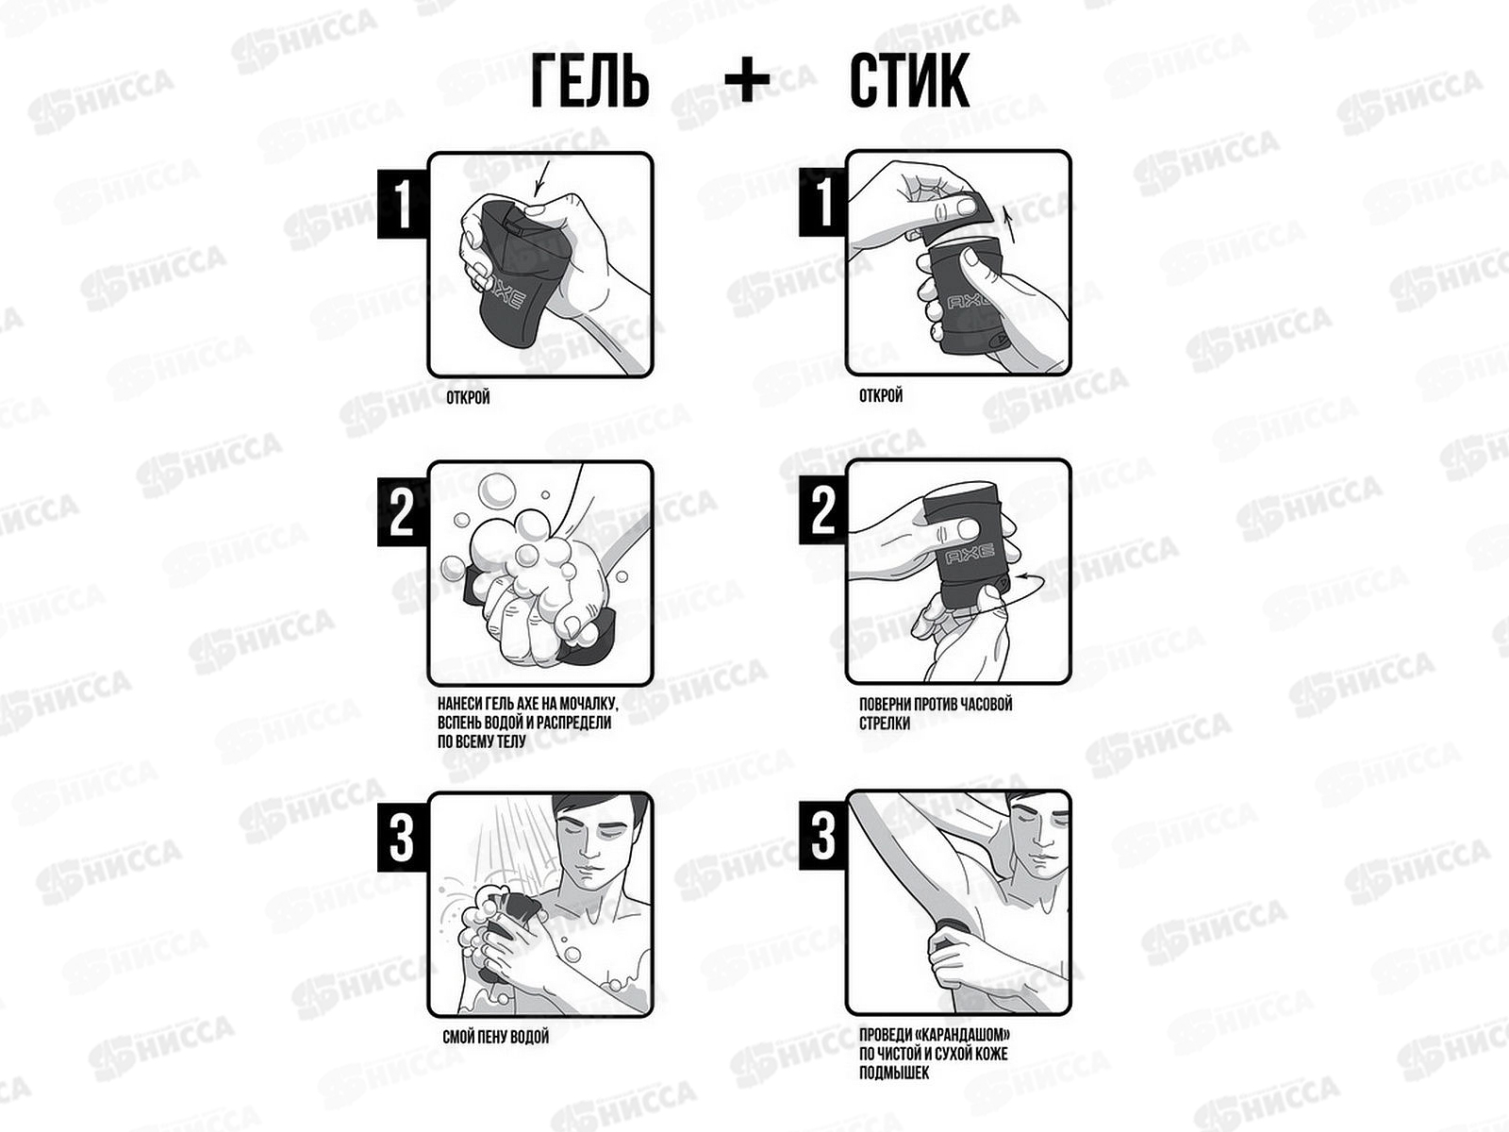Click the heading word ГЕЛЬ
point(590,81)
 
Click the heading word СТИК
point(909,81)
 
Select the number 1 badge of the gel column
point(402,204)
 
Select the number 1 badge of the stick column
point(823,202)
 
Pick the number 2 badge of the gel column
point(402,512)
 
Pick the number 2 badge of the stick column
point(823,510)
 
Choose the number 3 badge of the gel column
point(402,838)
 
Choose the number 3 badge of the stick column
point(823,836)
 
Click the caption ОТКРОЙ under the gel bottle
point(468,398)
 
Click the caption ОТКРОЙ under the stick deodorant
point(881,396)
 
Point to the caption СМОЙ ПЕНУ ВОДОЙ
point(496,1037)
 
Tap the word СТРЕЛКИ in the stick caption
point(885,723)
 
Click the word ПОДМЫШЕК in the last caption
point(894,1073)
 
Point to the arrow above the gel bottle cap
point(543,178)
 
